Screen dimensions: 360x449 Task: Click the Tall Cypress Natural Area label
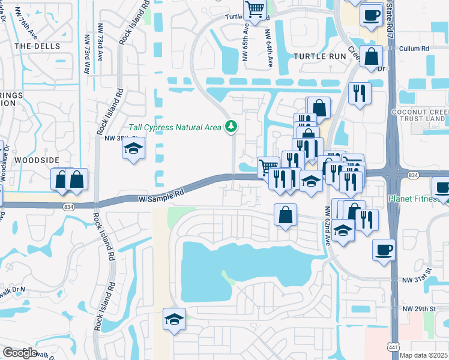[x=175, y=128]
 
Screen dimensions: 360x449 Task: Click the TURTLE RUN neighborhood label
[x=320, y=56]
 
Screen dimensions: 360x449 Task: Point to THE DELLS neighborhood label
[x=34, y=46]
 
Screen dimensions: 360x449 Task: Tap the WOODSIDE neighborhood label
[x=37, y=160]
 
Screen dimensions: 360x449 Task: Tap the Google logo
[x=20, y=352]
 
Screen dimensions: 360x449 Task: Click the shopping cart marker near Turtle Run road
[x=255, y=10]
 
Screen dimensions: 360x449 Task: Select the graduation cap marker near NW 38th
[x=134, y=148]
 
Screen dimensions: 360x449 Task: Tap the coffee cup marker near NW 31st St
[x=384, y=249]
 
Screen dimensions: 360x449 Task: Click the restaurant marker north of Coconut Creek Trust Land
[x=360, y=93]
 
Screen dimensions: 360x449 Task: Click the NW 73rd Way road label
[x=87, y=53]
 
